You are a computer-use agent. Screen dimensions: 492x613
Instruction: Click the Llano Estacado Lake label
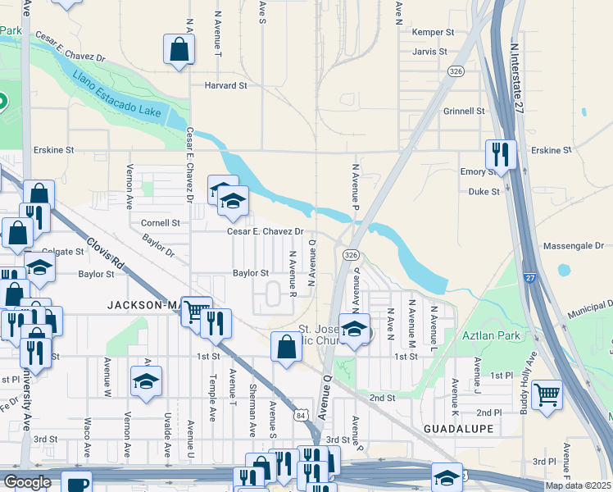point(122,93)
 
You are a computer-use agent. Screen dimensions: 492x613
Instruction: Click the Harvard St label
point(226,85)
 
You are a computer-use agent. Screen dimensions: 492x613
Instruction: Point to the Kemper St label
point(434,32)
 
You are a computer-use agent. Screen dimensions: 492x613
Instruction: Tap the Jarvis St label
point(429,51)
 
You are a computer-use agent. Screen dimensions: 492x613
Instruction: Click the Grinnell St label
point(464,111)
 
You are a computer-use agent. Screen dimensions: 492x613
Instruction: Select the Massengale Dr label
point(574,245)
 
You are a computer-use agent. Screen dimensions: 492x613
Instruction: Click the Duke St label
point(484,191)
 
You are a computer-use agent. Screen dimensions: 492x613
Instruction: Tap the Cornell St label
point(160,222)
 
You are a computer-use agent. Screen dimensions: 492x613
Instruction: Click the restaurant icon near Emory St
point(499,153)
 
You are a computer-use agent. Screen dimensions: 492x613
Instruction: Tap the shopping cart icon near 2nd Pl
point(546,394)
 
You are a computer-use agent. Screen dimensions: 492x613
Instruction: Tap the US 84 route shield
point(302,417)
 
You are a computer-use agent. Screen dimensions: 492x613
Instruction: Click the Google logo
point(27,482)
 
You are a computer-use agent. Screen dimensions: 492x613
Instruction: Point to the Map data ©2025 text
point(578,485)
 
